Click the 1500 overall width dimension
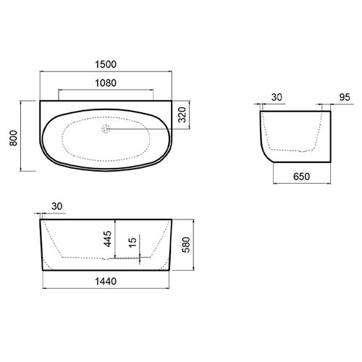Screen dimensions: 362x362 [106, 64]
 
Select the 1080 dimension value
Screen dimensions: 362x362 [106, 83]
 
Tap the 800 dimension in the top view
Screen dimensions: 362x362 [14, 138]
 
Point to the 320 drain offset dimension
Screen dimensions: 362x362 [182, 114]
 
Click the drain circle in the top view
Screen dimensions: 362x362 [106, 129]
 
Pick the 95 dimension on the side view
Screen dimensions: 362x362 [345, 97]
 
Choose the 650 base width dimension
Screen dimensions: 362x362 [301, 177]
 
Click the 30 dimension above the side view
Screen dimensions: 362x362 [277, 97]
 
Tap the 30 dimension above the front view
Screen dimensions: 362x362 [57, 206]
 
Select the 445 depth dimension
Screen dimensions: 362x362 [107, 239]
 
